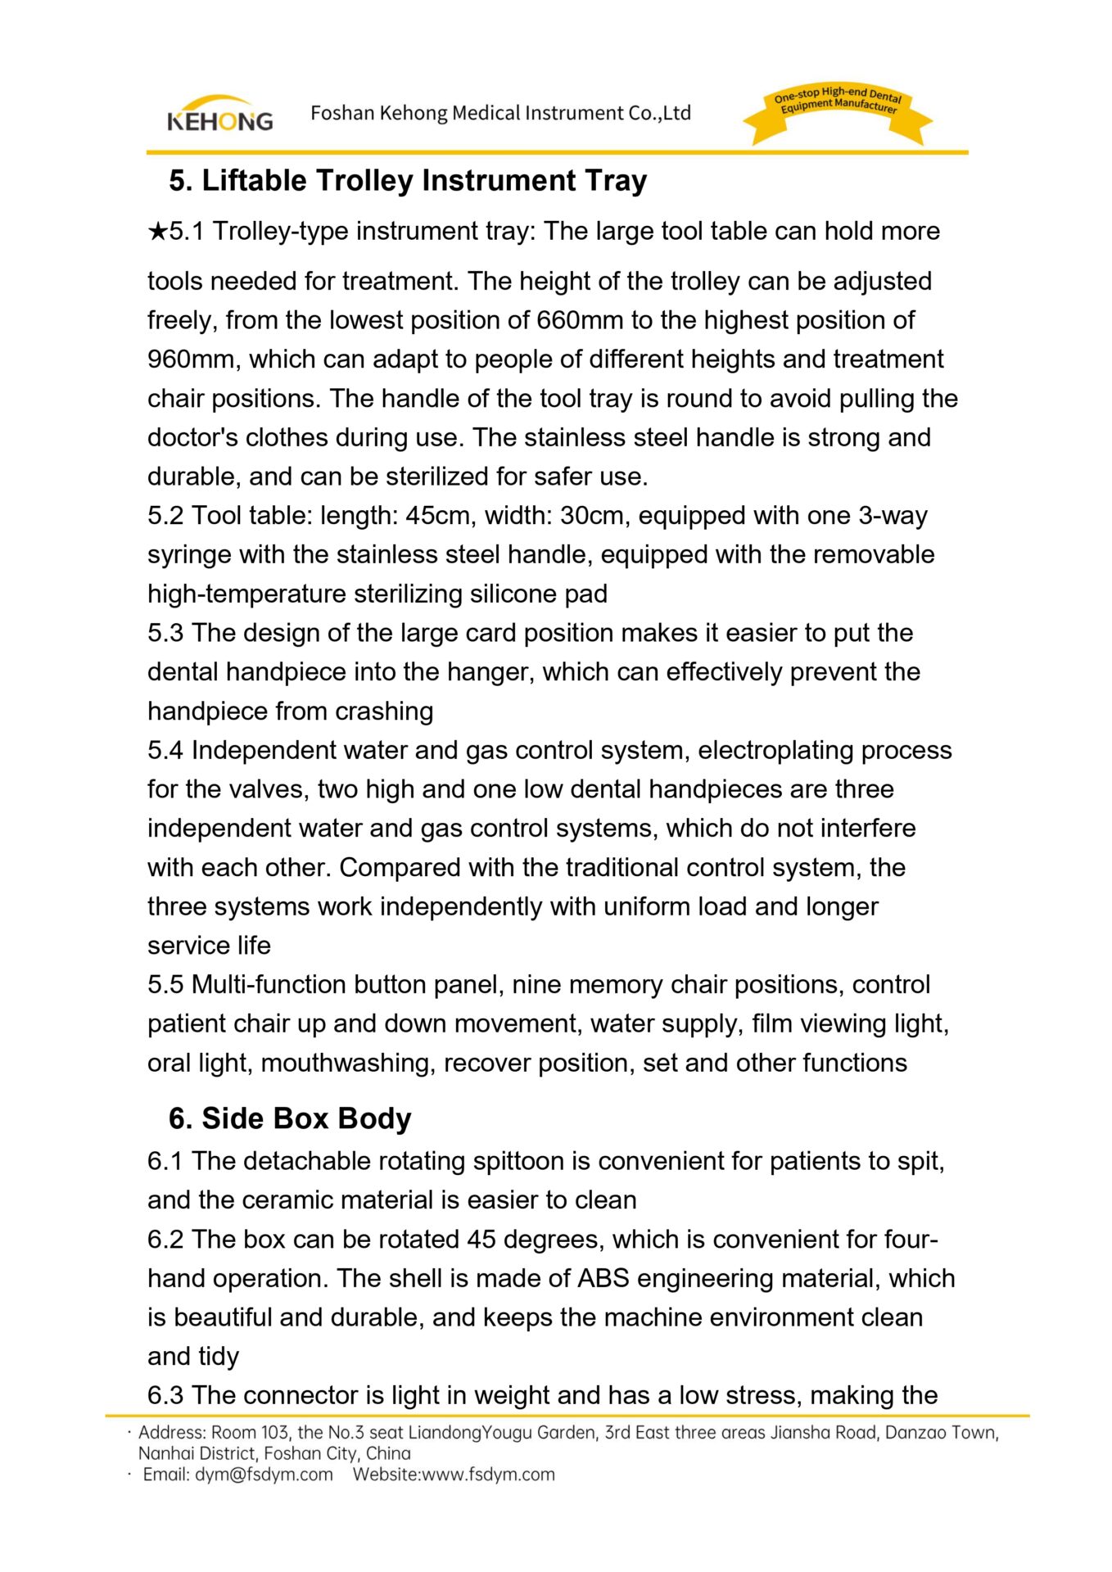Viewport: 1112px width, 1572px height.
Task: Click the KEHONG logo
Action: pos(219,115)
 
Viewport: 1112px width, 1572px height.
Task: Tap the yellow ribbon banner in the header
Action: pos(837,114)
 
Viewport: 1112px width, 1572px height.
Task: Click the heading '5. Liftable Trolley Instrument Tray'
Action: pos(408,181)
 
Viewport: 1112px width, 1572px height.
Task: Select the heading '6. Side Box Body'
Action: pos(290,1118)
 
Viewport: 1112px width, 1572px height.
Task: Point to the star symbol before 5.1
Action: pos(157,232)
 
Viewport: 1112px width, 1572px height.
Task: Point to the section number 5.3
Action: pos(165,633)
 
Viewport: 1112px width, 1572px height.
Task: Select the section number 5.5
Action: pos(165,985)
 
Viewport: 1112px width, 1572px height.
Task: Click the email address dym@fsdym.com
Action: pos(264,1475)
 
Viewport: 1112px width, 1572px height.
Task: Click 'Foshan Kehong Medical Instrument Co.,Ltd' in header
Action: pos(500,113)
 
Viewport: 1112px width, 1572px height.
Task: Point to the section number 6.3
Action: pos(165,1395)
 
